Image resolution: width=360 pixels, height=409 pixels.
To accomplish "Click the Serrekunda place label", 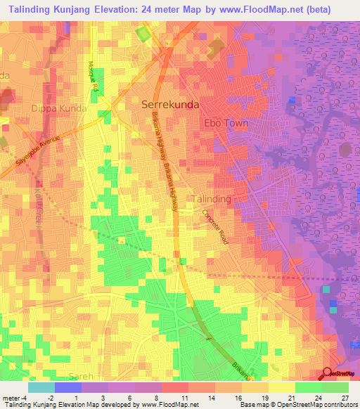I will pos(170,104).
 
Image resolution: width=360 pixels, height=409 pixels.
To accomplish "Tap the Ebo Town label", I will pos(226,123).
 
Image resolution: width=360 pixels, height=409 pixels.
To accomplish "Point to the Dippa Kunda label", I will pos(58,109).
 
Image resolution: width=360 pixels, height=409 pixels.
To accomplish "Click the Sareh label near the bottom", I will pos(81,377).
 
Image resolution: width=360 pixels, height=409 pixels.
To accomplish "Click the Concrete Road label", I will pos(215,227).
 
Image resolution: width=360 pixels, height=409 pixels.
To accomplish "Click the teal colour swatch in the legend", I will pos(41,387).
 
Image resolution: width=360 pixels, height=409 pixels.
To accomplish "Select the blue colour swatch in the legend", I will pos(67,387).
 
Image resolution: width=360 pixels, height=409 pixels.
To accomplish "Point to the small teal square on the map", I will pos(326,289).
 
